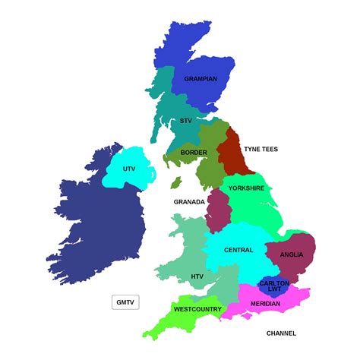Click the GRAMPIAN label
(200, 78)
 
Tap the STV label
(186, 121)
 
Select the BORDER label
(194, 153)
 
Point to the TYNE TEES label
(261, 149)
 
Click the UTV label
(129, 169)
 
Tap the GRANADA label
(189, 202)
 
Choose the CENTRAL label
(238, 250)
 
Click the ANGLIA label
(292, 255)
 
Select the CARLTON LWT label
(274, 286)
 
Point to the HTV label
(197, 276)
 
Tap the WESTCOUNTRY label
(197, 309)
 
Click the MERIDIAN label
(266, 305)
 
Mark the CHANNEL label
(281, 333)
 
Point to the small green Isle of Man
(176, 183)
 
